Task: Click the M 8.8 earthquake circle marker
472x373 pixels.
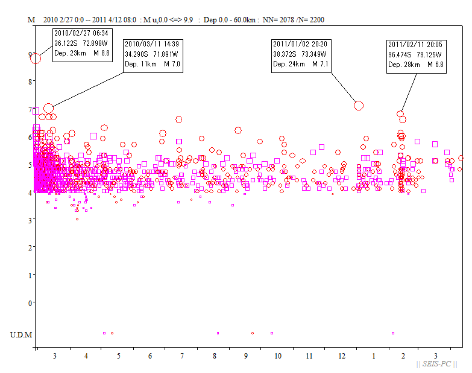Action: pyautogui.click(x=36, y=59)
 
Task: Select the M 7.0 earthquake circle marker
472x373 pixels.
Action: pyautogui.click(x=49, y=109)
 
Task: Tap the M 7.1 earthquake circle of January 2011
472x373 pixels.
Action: pyautogui.click(x=359, y=106)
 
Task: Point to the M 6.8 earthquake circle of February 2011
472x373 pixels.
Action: pyautogui.click(x=400, y=113)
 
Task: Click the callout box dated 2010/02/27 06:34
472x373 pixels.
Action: pyautogui.click(x=82, y=43)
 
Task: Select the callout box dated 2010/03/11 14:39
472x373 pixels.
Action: pyautogui.click(x=152, y=54)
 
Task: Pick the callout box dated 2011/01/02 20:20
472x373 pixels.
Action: pyautogui.click(x=301, y=54)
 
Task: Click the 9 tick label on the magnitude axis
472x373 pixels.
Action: pyautogui.click(x=30, y=54)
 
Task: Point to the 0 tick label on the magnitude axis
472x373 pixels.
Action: pyautogui.click(x=30, y=302)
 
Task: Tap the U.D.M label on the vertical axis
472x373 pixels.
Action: pyautogui.click(x=21, y=334)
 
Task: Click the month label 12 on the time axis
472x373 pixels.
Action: pyautogui.click(x=342, y=356)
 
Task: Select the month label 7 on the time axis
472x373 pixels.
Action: pyautogui.click(x=181, y=356)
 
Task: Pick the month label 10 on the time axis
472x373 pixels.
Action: pyautogui.click(x=277, y=356)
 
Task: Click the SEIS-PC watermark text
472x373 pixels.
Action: pyautogui.click(x=438, y=364)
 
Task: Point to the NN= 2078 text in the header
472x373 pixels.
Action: pyautogui.click(x=281, y=20)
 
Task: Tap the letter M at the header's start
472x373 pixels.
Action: pyautogui.click(x=31, y=20)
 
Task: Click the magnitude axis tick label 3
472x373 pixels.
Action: pyautogui.click(x=30, y=220)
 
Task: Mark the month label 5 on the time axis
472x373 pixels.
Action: pyautogui.click(x=118, y=356)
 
